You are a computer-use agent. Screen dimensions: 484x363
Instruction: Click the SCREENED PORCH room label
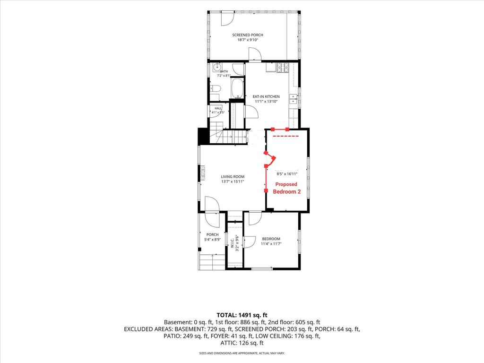tap(248, 35)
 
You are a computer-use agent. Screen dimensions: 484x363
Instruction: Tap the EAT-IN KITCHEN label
tap(266, 96)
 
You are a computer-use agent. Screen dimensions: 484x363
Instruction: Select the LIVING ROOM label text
tap(233, 177)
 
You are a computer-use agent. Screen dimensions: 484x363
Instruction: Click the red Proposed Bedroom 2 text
tap(286, 188)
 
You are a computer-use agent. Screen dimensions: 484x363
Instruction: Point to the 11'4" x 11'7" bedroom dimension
tap(271, 244)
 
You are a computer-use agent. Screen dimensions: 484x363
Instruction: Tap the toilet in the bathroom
tap(215, 88)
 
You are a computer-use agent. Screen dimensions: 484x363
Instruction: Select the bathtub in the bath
tap(237, 88)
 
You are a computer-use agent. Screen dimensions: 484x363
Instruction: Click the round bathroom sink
tap(217, 66)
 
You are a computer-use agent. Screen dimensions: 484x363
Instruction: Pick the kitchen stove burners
tap(283, 68)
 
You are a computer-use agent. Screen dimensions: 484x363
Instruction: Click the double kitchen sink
tap(293, 99)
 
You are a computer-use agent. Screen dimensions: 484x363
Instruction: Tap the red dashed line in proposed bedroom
tap(286, 136)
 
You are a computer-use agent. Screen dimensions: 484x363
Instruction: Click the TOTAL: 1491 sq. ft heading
tap(242, 315)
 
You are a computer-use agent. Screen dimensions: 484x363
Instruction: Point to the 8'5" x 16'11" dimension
tap(287, 174)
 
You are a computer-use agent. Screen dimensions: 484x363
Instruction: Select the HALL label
tap(218, 108)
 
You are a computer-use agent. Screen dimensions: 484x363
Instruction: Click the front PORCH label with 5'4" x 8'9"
tap(212, 237)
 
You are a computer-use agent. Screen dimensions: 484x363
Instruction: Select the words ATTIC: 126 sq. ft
tap(242, 343)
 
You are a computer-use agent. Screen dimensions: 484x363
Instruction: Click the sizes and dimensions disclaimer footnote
tap(242, 353)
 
